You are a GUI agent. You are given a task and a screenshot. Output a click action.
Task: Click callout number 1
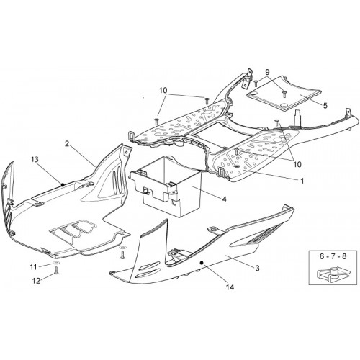pos(302,181)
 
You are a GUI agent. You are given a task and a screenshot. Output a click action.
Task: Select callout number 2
pos(67,143)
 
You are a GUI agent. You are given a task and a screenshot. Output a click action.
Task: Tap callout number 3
pos(257,268)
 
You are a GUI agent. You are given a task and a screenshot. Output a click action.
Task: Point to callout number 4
pos(224,199)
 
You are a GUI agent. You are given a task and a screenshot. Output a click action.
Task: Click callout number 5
pos(325,105)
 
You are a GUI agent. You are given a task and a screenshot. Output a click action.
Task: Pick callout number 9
pos(268,72)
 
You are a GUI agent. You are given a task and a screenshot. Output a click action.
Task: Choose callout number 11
pos(33,267)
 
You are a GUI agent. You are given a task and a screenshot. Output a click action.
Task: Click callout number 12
pos(37,281)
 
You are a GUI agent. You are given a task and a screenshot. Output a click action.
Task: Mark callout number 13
pos(35,159)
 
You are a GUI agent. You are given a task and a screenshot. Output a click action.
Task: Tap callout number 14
pos(230,287)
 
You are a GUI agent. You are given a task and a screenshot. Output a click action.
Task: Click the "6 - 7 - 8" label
pos(333,256)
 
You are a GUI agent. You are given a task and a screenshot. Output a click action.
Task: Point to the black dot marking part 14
pos(202,263)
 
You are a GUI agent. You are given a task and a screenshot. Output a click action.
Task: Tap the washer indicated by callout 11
pos(55,263)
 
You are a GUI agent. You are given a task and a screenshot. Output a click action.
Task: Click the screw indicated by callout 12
pos(56,271)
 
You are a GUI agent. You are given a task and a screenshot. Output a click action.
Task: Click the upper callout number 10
pos(163,91)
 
